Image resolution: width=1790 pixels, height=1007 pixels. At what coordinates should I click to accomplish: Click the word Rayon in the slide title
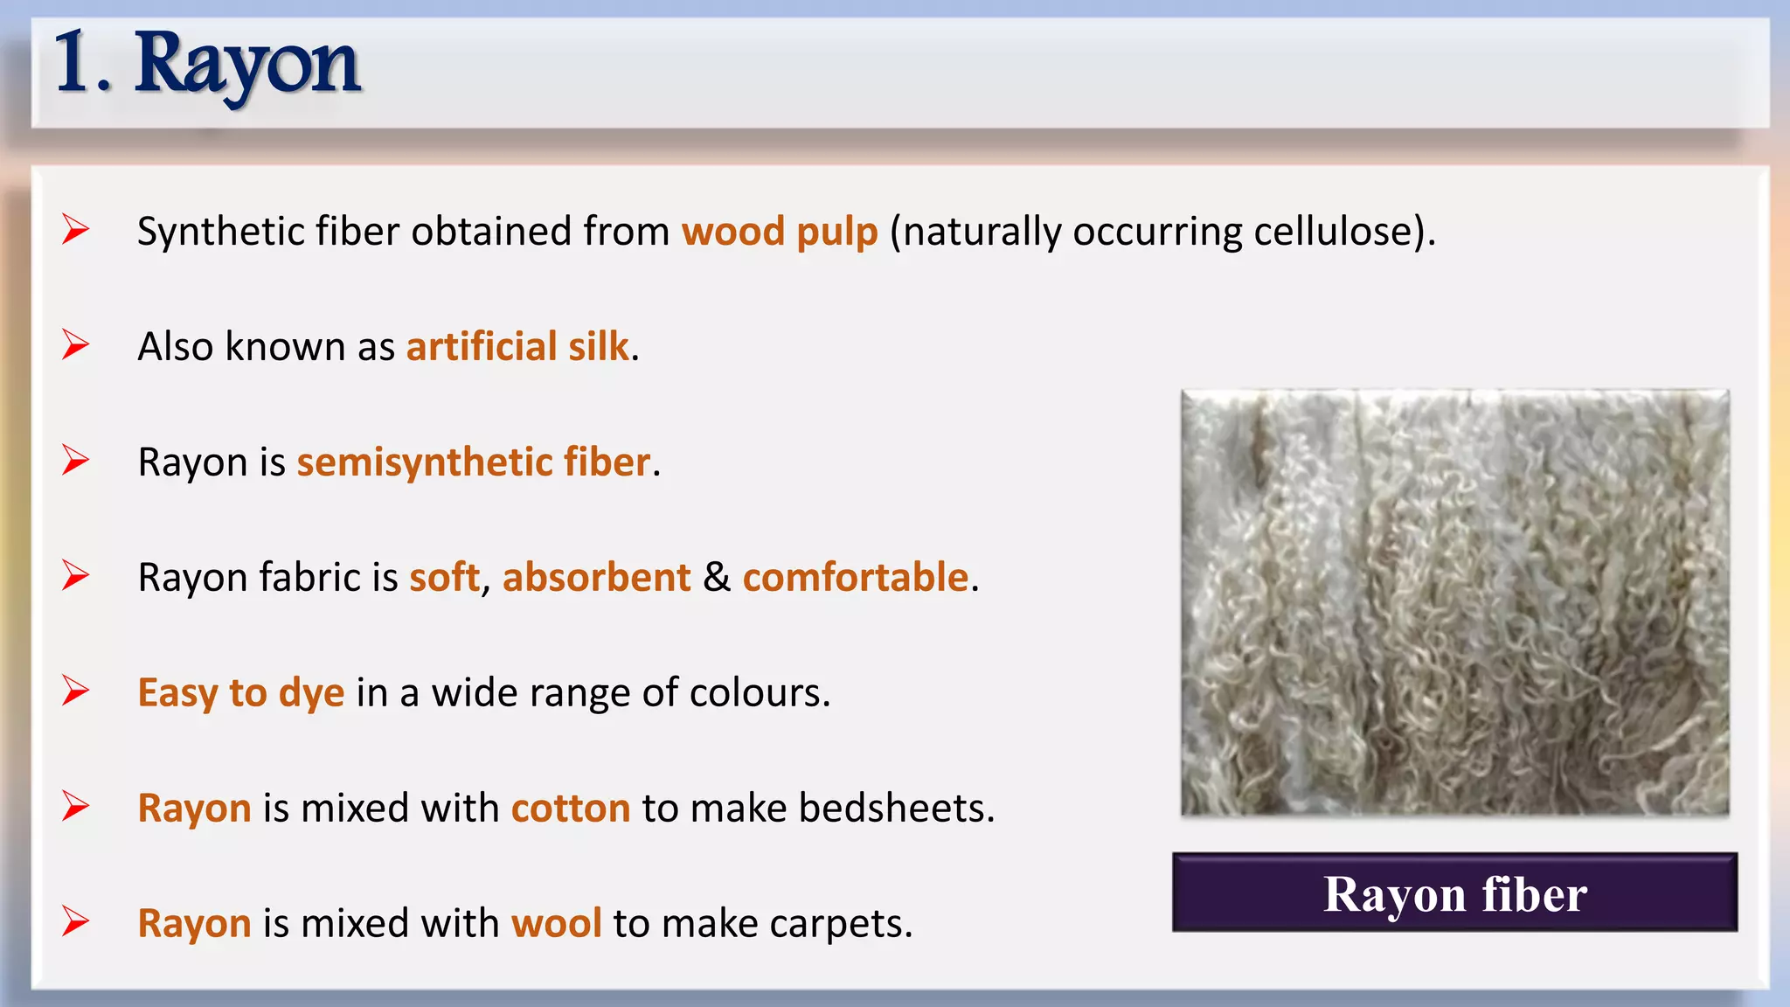coord(247,65)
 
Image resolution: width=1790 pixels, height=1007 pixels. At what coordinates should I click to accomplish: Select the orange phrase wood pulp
coord(780,233)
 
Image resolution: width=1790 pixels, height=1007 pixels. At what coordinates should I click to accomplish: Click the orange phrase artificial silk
coord(517,347)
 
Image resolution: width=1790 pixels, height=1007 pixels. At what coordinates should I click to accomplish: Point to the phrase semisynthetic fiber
coord(474,462)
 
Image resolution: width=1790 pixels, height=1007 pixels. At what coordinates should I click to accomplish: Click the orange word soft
coord(444,578)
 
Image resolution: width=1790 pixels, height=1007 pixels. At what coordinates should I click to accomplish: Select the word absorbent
coord(596,578)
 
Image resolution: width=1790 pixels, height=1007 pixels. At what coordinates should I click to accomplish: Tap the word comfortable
coord(855,578)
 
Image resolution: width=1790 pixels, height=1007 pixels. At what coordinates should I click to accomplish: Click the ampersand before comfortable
coord(717,578)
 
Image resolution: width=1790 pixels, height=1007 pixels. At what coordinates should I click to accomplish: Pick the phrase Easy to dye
coord(241,693)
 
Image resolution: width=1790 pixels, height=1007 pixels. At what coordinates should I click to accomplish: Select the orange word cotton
coord(571,809)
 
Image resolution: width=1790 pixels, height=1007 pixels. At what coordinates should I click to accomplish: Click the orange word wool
coord(556,924)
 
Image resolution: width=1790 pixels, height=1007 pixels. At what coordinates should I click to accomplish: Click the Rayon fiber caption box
coord(1454,893)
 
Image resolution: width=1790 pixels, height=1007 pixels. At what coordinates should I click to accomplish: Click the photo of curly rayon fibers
coord(1454,603)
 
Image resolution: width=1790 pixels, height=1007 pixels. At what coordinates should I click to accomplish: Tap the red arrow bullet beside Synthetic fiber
coord(76,230)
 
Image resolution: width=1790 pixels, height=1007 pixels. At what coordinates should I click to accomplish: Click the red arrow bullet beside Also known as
coord(76,345)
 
